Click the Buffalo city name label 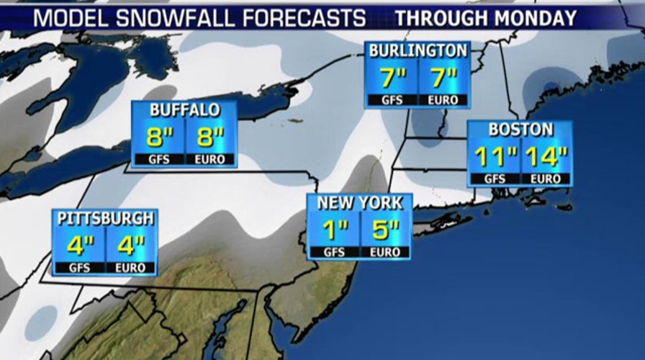coord(184,110)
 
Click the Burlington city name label coord(418,50)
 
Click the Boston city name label coord(520,130)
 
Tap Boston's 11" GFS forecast coord(495,156)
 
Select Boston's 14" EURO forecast coord(546,156)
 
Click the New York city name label coord(360,203)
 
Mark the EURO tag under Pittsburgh coord(132,268)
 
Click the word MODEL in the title coord(66,17)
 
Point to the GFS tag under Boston coord(495,179)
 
